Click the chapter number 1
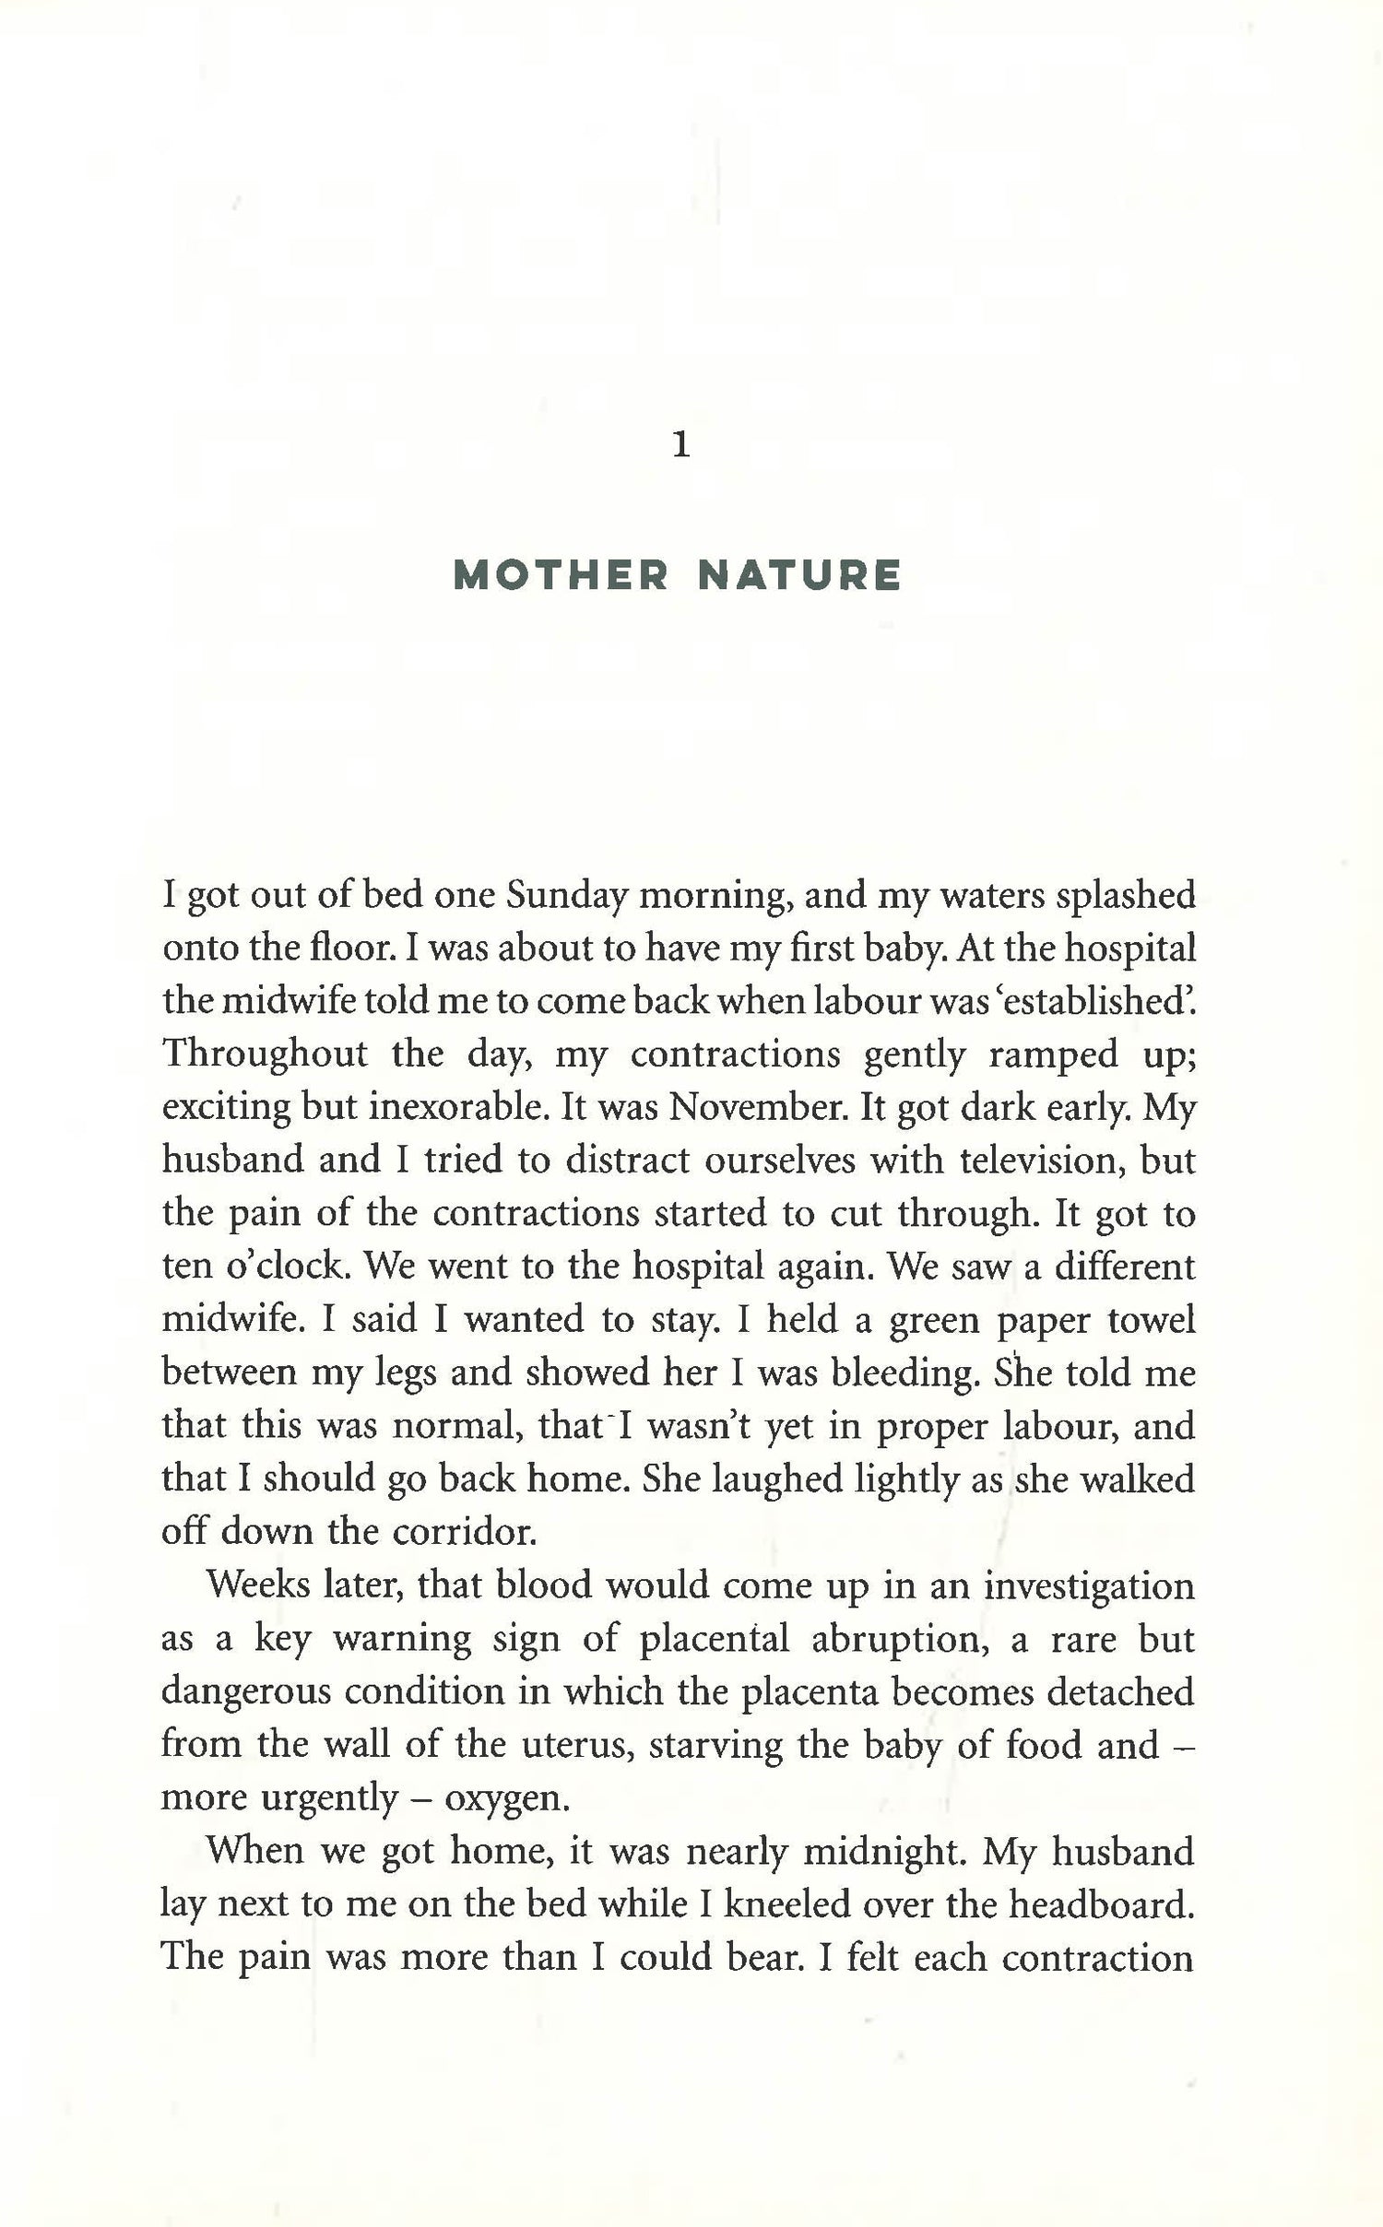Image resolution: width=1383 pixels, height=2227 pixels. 681,447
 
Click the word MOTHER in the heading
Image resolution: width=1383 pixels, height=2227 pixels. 561,576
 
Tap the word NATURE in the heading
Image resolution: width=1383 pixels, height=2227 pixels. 799,576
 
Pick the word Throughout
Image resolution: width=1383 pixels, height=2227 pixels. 265,1054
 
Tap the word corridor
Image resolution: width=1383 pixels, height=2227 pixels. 464,1532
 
